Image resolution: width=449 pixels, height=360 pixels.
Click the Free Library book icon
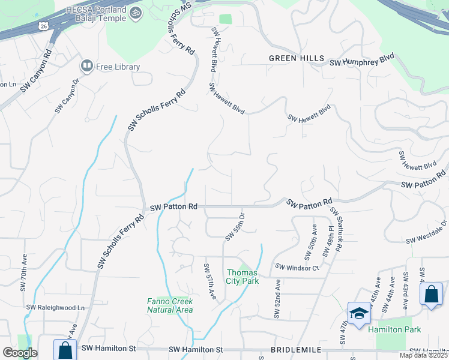tap(86, 66)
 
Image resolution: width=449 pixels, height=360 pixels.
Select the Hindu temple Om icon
tap(136, 11)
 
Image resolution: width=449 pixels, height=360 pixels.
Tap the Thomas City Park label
tap(243, 277)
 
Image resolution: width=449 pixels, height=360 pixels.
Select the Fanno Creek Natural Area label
tap(170, 305)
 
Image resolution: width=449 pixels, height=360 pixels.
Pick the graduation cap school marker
tap(358, 314)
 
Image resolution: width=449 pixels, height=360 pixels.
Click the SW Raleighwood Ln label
tap(55, 308)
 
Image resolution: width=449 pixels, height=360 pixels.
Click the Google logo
tap(20, 353)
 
